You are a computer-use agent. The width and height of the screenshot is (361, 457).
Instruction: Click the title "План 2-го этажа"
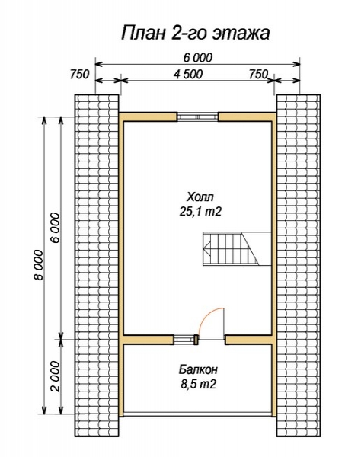195,33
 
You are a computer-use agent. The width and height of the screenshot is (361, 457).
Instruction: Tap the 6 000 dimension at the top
198,58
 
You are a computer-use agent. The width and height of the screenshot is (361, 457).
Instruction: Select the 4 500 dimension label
188,75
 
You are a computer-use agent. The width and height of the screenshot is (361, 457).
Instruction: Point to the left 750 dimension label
79,75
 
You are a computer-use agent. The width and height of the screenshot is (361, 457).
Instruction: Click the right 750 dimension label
258,75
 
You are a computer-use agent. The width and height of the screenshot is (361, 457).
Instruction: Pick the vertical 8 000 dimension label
38,264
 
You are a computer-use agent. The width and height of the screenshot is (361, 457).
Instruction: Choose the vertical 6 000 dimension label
55,228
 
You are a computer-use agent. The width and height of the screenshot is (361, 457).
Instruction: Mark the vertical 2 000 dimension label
55,376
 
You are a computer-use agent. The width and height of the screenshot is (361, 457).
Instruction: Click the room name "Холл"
200,197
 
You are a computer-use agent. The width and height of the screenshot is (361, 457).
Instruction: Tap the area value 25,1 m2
200,212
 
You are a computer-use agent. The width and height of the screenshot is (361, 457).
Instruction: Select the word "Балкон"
198,369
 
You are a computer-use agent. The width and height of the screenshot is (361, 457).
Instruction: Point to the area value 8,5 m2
199,385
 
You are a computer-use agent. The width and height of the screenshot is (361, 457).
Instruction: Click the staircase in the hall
237,248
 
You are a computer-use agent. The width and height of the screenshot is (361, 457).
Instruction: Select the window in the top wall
198,117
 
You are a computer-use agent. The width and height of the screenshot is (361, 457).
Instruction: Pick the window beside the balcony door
184,340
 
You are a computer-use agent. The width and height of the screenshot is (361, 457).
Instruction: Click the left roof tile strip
97,266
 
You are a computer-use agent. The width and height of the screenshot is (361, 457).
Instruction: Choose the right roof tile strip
299,266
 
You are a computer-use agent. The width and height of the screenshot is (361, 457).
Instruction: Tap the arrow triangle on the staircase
207,248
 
